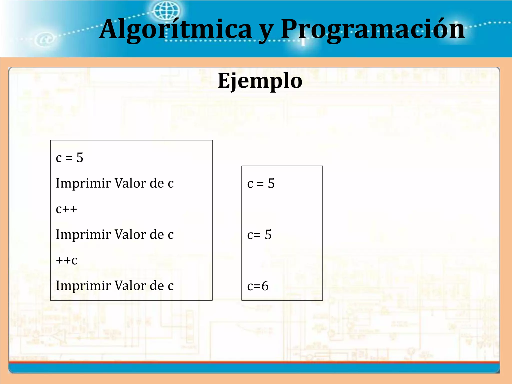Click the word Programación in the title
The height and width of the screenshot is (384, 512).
(x=372, y=29)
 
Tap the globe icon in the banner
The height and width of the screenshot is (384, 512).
(x=166, y=10)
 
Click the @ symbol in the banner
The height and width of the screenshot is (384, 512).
(x=45, y=39)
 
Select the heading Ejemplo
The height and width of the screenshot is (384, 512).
(x=260, y=80)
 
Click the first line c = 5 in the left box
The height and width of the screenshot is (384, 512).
(x=69, y=157)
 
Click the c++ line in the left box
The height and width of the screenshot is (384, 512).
(x=66, y=209)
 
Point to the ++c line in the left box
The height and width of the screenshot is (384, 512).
(x=66, y=260)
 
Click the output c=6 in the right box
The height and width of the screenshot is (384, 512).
(x=258, y=286)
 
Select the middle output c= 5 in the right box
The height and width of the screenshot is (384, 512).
(x=259, y=235)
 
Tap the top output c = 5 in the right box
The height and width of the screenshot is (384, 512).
(x=261, y=183)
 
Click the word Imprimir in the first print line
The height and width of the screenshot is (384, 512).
(x=83, y=183)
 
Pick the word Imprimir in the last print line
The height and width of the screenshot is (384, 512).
(x=83, y=286)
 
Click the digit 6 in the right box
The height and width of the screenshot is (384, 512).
(x=265, y=286)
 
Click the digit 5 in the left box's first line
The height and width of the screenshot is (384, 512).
(x=80, y=157)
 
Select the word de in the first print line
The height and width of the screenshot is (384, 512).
(x=157, y=183)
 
